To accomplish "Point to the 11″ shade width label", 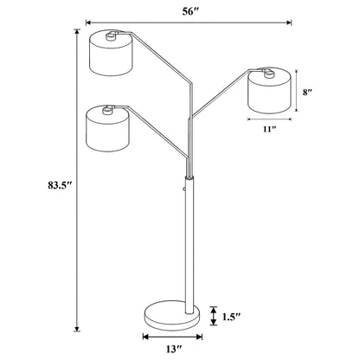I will coord(267,129).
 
